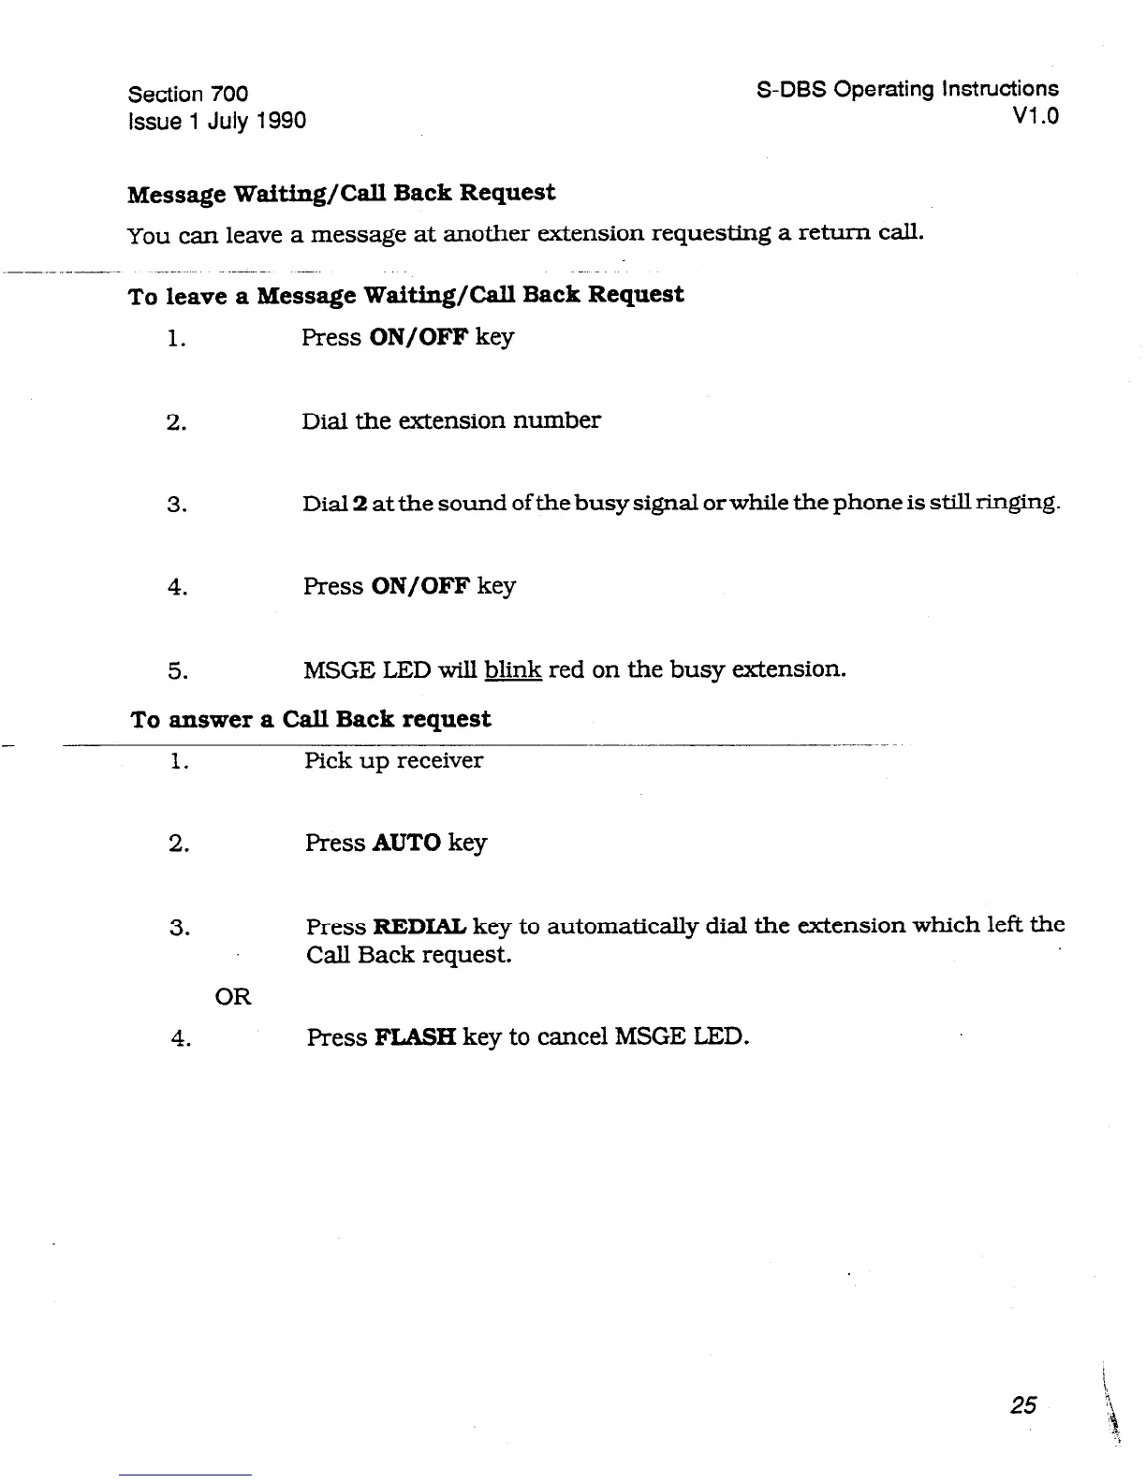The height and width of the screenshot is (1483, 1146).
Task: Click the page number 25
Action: [1023, 1404]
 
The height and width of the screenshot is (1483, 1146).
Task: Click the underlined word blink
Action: [514, 669]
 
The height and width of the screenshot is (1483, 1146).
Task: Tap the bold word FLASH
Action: [415, 1037]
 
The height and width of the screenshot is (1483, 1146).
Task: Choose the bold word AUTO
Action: [406, 843]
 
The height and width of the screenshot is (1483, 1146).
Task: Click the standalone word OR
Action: [233, 996]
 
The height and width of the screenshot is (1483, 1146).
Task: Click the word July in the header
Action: [228, 121]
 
